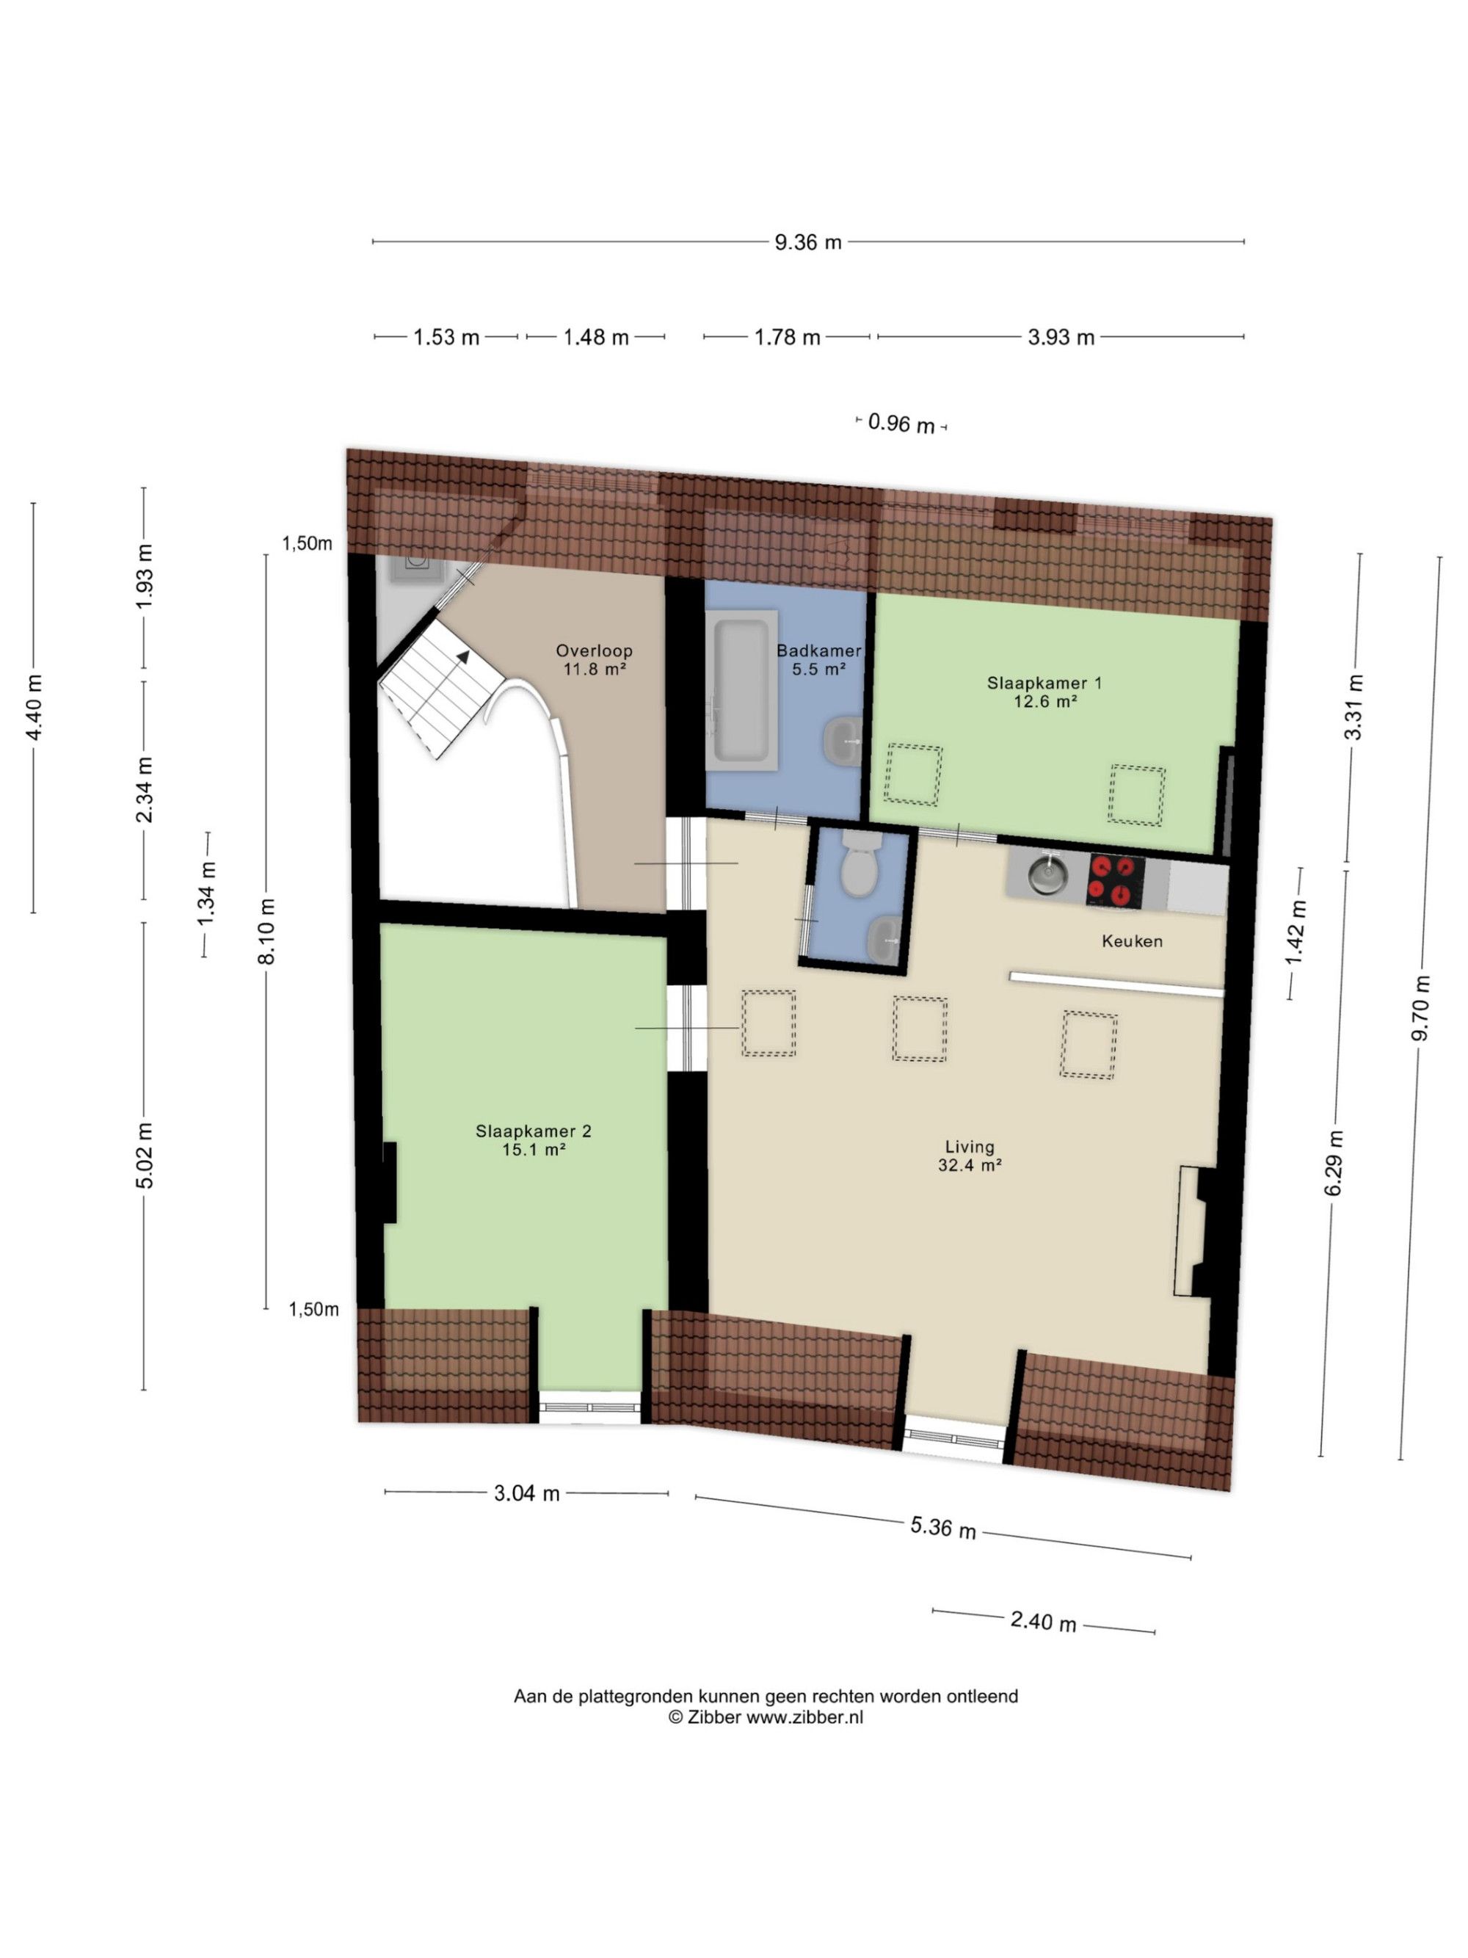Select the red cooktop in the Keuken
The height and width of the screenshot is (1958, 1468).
(1115, 881)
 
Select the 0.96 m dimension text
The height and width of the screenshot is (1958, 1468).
(901, 424)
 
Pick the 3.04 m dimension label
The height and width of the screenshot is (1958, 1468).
(526, 1493)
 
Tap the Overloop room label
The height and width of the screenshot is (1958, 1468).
(595, 659)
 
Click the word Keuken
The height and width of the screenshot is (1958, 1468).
(1132, 941)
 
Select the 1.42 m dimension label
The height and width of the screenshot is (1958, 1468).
(1296, 933)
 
